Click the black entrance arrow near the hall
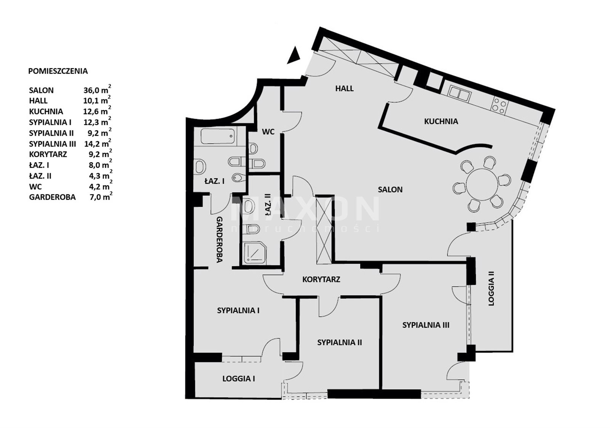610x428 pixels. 294,56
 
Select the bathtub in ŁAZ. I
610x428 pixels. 218,136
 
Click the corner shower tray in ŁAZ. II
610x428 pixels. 255,253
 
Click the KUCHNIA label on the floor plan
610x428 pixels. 441,121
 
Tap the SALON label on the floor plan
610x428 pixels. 390,190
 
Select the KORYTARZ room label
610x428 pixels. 321,279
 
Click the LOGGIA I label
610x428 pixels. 239,379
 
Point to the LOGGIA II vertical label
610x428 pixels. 491,288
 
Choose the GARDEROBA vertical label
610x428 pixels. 220,240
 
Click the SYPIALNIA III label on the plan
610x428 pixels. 425,325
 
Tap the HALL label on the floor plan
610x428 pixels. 345,88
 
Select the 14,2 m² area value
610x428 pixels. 98,143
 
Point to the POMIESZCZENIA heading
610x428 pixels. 58,71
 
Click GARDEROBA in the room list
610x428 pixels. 52,197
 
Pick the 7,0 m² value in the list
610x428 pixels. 100,197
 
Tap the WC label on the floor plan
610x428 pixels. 268,132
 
